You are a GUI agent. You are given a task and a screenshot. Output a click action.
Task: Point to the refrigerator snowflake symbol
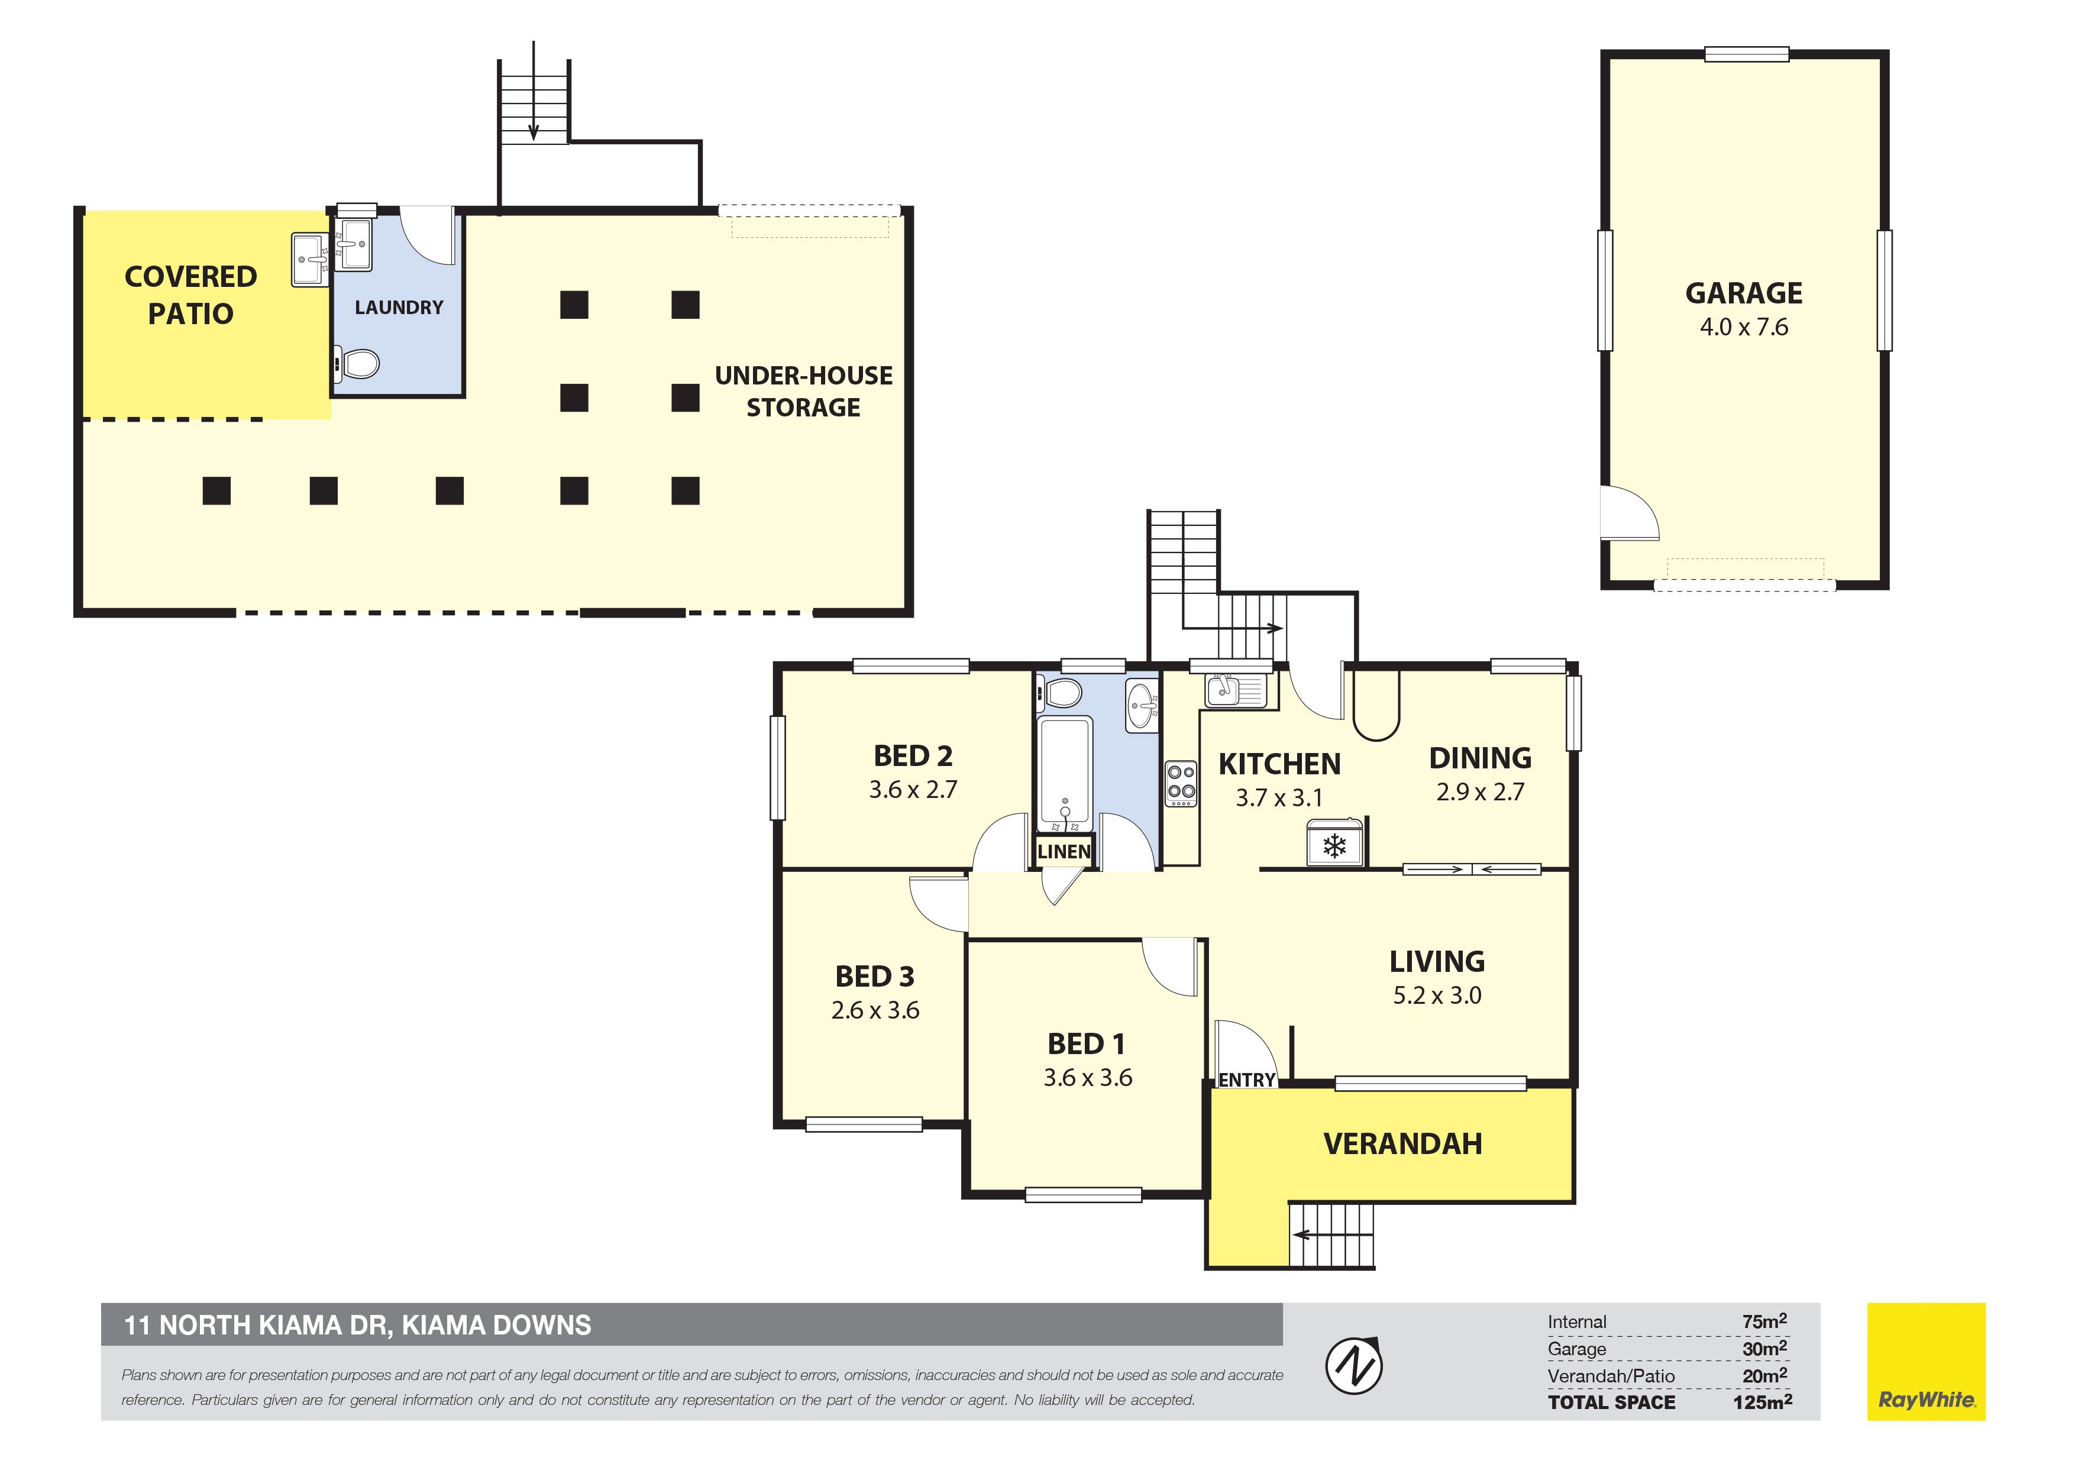click(x=1335, y=846)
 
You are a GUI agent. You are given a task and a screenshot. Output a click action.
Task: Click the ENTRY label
click(x=1246, y=1080)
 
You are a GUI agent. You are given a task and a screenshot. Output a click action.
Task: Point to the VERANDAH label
click(x=1402, y=1144)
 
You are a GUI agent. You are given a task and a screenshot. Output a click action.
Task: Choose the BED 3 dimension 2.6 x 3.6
click(x=875, y=1010)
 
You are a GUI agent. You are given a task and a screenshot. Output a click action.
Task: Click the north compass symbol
click(x=1353, y=1364)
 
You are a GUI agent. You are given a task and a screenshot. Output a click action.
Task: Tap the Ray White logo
click(x=1926, y=1361)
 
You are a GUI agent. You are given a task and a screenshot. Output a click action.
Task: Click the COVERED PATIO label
click(x=190, y=295)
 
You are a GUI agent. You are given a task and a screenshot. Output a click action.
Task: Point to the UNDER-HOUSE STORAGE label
click(x=803, y=392)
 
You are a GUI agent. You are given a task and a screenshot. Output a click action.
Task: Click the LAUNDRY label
click(x=399, y=308)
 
